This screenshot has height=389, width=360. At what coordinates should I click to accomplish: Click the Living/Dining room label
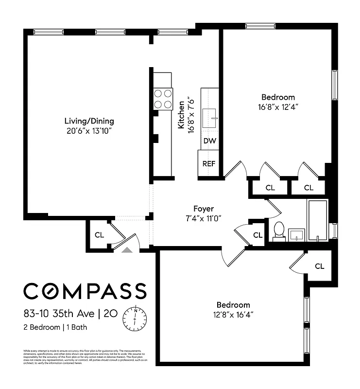coord(89,121)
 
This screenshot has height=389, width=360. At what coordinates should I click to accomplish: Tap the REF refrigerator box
coord(209,163)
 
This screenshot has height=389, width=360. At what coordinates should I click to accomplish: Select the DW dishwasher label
coord(209,141)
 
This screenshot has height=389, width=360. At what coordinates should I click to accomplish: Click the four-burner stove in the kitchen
coord(163,98)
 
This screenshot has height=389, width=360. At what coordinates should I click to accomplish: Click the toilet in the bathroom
coord(279,230)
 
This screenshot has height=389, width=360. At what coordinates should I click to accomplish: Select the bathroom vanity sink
coord(296,235)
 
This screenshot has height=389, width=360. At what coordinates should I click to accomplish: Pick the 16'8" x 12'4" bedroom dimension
coord(278,106)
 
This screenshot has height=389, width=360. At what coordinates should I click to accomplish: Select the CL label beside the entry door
coord(99,235)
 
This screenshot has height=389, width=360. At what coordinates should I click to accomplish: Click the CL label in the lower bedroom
coord(319,266)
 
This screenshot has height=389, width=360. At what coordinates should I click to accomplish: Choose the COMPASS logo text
coord(85,291)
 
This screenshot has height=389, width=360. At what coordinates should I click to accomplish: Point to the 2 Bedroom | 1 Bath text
coord(55,327)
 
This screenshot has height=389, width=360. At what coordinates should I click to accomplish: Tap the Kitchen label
coord(181,115)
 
